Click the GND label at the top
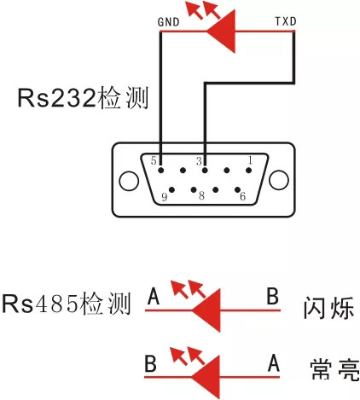tap(168, 22)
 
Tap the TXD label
tap(286, 21)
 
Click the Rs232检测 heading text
tap(83, 98)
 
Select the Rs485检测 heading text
tap(67, 304)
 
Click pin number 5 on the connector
tap(154, 160)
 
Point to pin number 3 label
tap(199, 161)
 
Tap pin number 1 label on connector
tap(250, 160)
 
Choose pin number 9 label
tap(164, 197)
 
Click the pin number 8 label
tap(201, 195)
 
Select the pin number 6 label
tap(242, 196)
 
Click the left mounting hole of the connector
tap(129, 181)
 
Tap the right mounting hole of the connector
tap(279, 180)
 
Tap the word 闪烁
tap(328, 308)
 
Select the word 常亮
tap(335, 369)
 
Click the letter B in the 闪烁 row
tap(272, 296)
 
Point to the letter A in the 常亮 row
tap(274, 363)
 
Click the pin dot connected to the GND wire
tap(161, 171)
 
